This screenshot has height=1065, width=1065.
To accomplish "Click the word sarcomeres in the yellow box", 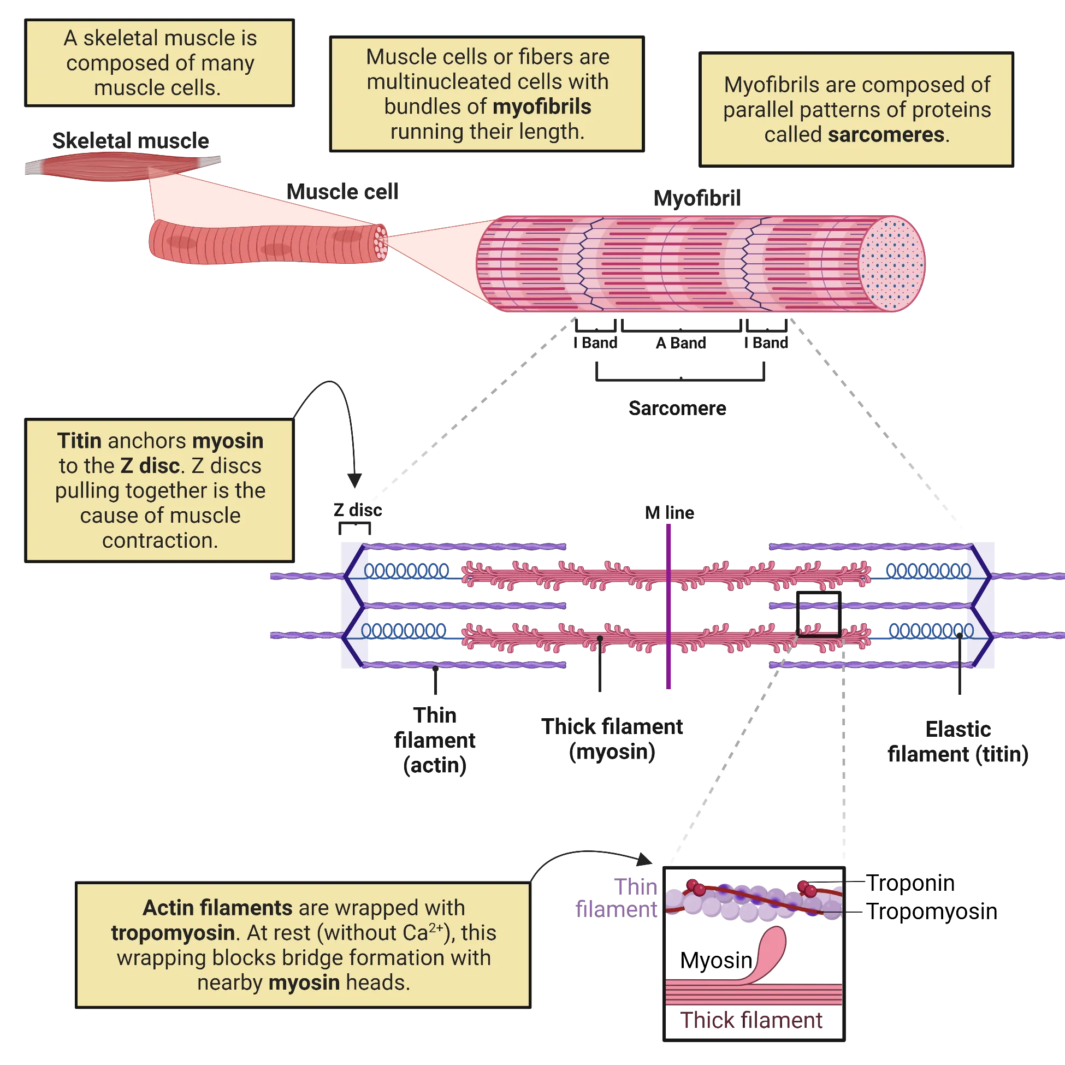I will [886, 135].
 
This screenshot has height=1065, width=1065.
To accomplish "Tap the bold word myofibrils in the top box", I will [542, 107].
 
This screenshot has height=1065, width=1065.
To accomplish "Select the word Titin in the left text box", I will [79, 441].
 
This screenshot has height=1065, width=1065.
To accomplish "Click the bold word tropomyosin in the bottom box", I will [173, 933].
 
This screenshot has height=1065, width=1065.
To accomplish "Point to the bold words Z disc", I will [150, 466].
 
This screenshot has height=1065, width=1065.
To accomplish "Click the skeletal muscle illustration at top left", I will [121, 165].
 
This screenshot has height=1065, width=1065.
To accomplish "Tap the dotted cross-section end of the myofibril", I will [891, 263].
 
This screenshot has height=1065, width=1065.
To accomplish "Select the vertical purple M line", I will [668, 606].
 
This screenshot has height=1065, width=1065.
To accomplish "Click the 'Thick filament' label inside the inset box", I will [752, 1021].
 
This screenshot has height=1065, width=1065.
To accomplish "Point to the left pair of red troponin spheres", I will [696, 887].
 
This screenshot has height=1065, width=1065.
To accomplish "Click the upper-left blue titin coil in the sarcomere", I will [407, 570].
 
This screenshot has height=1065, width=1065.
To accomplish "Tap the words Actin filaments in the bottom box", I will [217, 908].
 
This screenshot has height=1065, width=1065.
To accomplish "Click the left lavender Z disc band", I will [353, 605].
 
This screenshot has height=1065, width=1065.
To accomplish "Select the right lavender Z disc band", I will [981, 605].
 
